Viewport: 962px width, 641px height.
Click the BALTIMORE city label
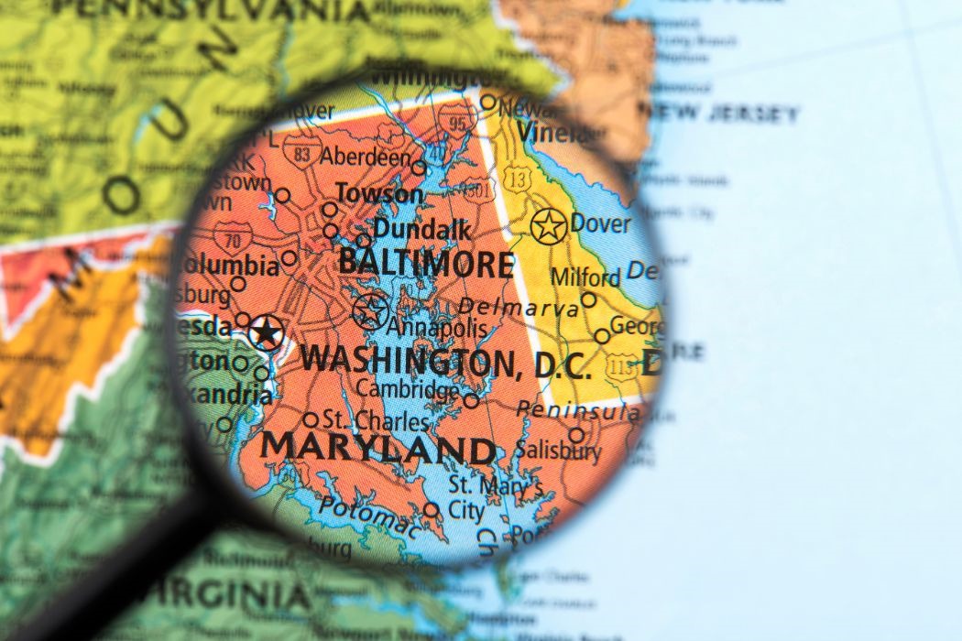click(425, 263)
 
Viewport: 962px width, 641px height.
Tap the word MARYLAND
click(377, 448)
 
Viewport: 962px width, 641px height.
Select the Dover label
click(600, 223)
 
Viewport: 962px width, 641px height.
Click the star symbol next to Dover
click(548, 225)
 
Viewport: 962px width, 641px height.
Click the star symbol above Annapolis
click(370, 311)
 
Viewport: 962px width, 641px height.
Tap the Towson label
click(379, 194)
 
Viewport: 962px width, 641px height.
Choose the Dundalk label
click(421, 229)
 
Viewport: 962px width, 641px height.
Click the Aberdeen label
click(366, 157)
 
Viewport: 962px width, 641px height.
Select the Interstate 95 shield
click(455, 118)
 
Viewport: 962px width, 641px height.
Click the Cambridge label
click(408, 389)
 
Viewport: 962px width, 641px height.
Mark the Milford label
click(585, 277)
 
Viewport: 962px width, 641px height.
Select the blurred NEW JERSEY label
click(724, 114)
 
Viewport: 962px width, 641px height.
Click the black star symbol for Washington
click(267, 331)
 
